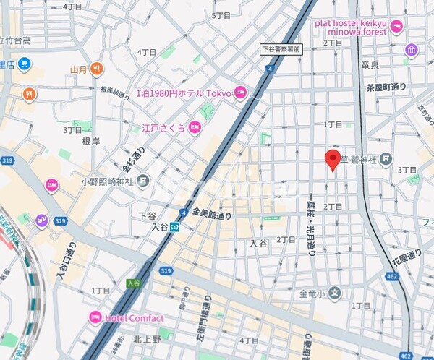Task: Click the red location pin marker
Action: tap(333, 159)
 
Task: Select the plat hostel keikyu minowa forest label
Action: tap(351, 27)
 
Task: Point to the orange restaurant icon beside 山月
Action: tap(96, 69)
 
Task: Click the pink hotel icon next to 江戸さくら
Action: tap(194, 128)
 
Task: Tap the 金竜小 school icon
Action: tap(334, 293)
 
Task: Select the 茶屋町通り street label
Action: tap(386, 87)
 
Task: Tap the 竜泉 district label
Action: tap(370, 65)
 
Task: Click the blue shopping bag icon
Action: tap(24, 64)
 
